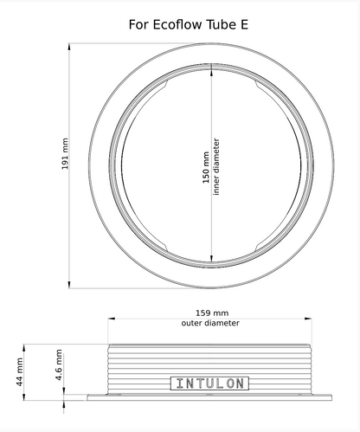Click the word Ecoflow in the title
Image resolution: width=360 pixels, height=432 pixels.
[177, 25]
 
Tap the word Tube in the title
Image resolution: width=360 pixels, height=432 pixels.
[222, 25]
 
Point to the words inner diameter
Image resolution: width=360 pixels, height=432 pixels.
[216, 164]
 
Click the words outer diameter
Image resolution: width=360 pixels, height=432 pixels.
[212, 323]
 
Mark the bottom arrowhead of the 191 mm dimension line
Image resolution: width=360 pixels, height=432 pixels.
[70, 285]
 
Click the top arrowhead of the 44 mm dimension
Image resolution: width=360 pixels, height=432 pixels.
[25, 345]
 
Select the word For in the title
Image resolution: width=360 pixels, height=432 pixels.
[138, 25]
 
